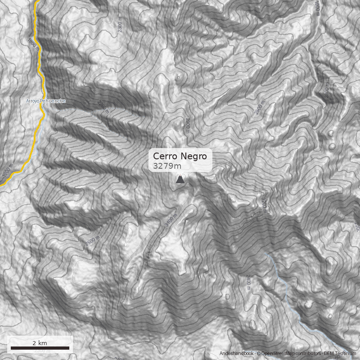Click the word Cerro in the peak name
tap(165, 156)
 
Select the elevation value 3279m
tap(167, 166)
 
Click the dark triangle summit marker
tap(180, 180)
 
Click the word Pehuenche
tap(53, 101)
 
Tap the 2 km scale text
tap(40, 343)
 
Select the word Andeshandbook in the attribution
tap(237, 354)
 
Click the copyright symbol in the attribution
tap(259, 354)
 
